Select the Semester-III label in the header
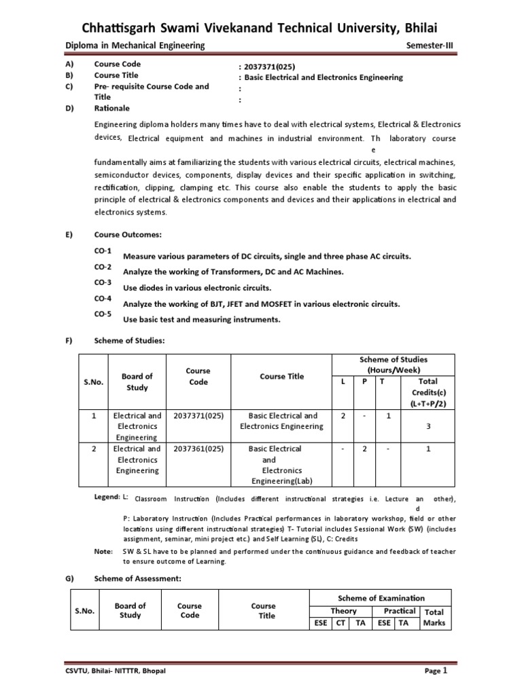[433, 45]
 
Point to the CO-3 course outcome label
[103, 282]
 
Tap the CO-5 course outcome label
[103, 314]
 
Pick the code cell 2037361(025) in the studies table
[198, 449]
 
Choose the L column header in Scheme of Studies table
[343, 381]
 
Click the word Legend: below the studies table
[107, 497]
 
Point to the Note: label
[104, 551]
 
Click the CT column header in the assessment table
[340, 622]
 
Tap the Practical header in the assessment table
[399, 611]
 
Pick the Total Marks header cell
[434, 617]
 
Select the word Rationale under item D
[111, 108]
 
